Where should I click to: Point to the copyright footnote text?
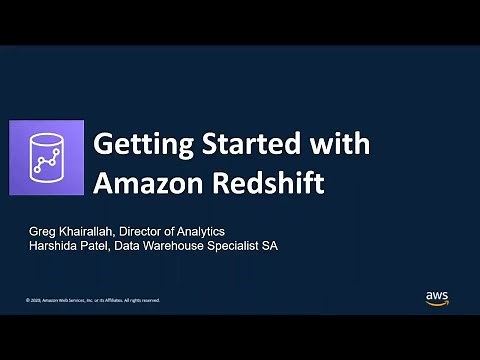click(x=92, y=299)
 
